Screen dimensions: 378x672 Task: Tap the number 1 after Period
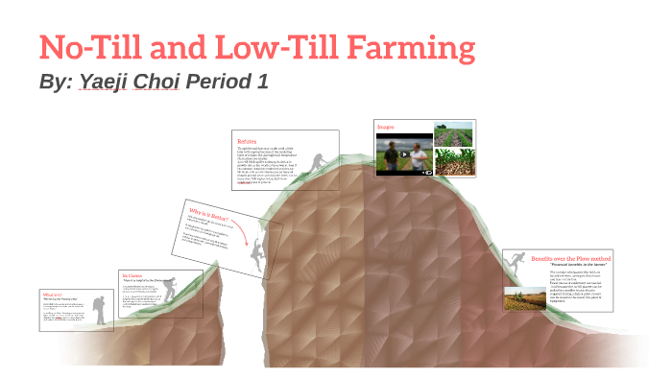[262, 83]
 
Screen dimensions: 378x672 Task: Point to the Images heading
[386, 125]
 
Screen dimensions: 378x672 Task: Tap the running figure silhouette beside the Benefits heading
[516, 259]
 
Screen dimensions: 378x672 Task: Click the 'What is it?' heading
[52, 294]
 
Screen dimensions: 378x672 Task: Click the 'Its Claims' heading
[132, 274]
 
